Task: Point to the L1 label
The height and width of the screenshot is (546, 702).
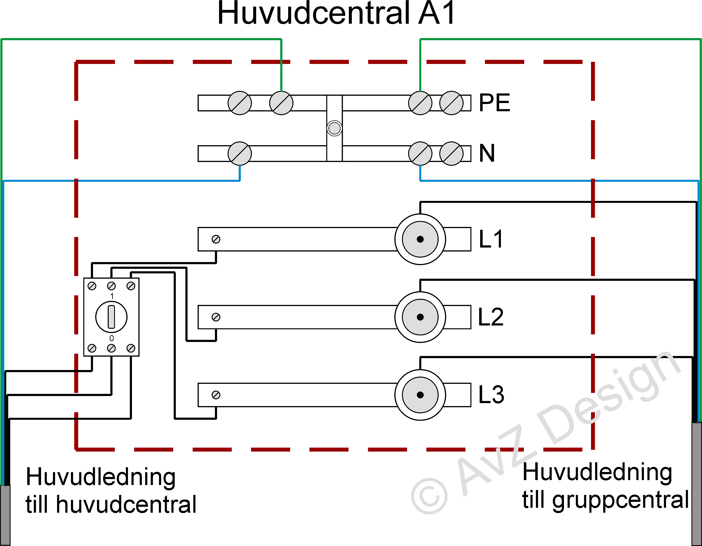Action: (491, 239)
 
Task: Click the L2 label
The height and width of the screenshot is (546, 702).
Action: (491, 317)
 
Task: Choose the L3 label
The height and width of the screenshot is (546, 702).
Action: (491, 395)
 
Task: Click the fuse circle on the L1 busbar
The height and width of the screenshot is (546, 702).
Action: (420, 239)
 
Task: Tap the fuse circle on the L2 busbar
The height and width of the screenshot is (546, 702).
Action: (420, 317)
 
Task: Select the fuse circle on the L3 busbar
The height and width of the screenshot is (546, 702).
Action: (420, 395)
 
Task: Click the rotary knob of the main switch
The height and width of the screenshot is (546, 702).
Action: (111, 317)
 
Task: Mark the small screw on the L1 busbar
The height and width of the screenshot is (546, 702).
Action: (216, 239)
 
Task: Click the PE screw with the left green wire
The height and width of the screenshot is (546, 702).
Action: (281, 103)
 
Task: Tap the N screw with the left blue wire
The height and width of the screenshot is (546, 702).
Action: (240, 154)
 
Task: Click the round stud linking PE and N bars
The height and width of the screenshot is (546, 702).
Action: (334, 128)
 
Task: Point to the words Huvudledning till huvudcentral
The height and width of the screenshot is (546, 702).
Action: (111, 490)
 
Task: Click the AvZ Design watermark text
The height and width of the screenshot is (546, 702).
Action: (546, 434)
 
